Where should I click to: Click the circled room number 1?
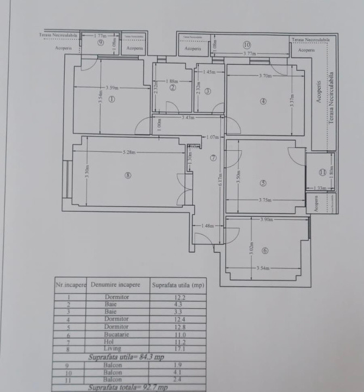(112, 100)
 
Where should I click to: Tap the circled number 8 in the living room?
(128, 175)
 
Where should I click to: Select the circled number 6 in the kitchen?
(264, 251)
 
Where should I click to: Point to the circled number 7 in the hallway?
(213, 158)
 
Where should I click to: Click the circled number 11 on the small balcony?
(323, 172)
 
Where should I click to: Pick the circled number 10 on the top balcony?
(246, 45)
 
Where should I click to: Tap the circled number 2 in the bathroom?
(172, 87)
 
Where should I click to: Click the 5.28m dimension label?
(129, 152)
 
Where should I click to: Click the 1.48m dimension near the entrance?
(207, 225)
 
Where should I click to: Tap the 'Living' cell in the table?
(117, 349)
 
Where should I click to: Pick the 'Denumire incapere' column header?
(115, 285)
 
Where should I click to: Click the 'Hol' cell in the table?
(117, 342)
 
